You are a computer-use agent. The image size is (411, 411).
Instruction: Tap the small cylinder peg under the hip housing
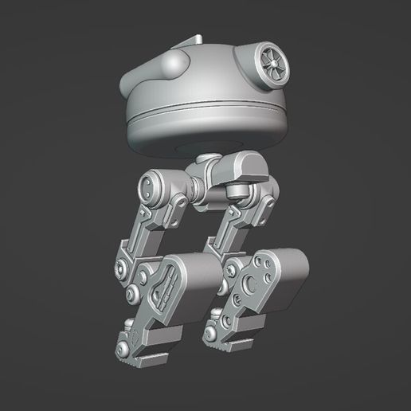[x=235, y=192]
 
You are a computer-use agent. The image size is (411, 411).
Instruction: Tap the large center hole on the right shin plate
[x=252, y=281]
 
